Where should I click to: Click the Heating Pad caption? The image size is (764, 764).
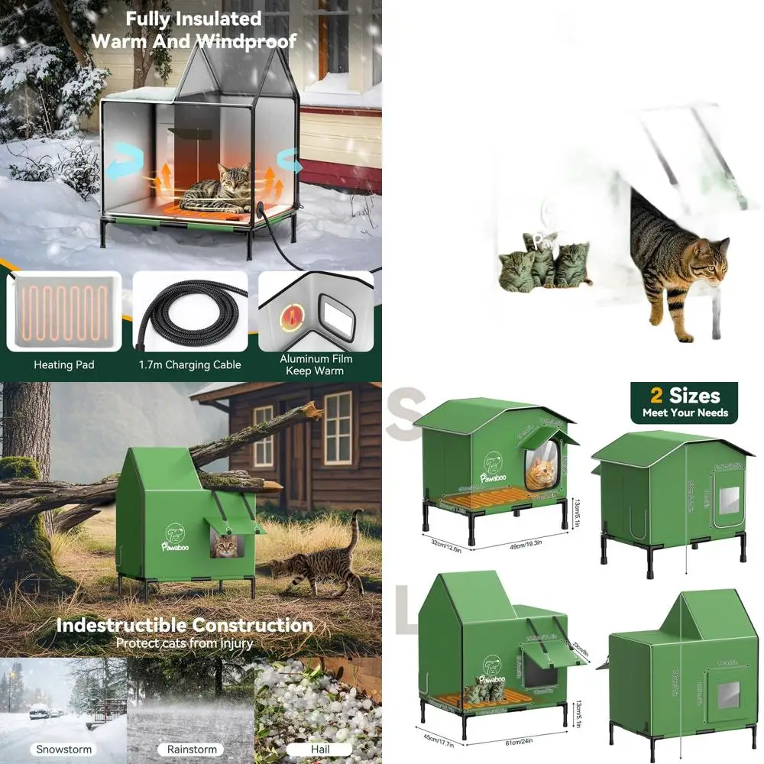[64, 365]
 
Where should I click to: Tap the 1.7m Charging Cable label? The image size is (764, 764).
[190, 365]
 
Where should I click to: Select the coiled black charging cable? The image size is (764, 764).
[190, 313]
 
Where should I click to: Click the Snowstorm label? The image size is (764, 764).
[63, 749]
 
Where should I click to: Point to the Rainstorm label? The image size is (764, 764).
[190, 749]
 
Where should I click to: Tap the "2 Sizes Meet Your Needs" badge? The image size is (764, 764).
[685, 403]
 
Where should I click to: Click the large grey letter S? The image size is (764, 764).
[409, 413]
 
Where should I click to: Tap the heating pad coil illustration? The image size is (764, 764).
[64, 312]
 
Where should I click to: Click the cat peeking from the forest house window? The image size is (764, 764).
[225, 545]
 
